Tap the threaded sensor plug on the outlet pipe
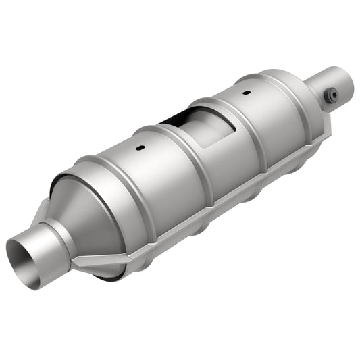pos(331,96)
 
